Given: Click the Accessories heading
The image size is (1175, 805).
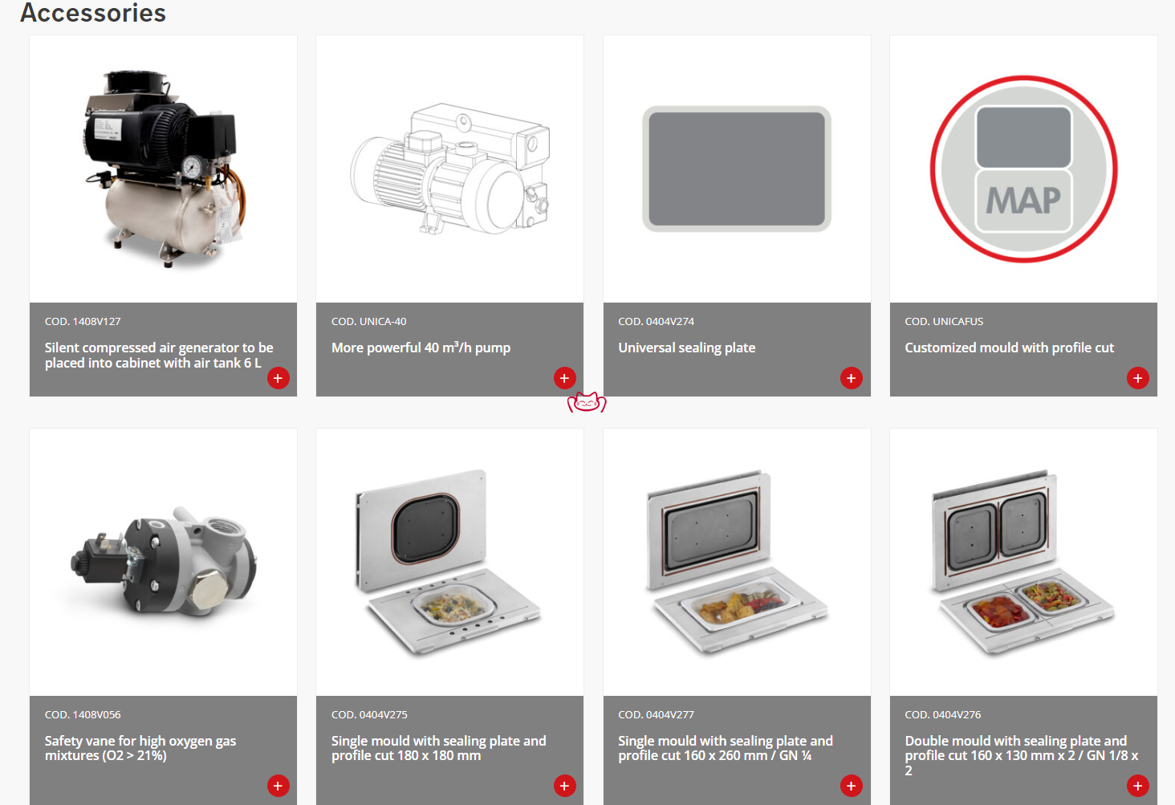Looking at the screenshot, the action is tap(93, 13).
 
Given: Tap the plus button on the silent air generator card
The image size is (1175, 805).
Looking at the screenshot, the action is tap(278, 377).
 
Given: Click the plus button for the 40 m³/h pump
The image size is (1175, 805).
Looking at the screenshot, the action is tap(564, 377).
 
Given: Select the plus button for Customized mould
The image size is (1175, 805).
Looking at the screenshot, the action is tap(1138, 377).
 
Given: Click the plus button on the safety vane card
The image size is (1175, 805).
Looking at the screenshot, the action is tap(278, 786).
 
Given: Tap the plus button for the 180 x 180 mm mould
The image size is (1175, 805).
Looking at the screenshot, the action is tap(564, 786).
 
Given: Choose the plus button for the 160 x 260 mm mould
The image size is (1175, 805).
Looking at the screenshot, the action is tap(852, 786).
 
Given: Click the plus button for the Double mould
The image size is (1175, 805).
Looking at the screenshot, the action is tap(1138, 786).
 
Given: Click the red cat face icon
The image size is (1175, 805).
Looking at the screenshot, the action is tap(587, 402).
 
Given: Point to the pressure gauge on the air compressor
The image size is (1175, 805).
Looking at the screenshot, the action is tap(193, 166).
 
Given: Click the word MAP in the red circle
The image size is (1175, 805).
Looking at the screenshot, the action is tap(1023, 201).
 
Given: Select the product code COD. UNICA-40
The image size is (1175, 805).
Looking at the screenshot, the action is tap(368, 322).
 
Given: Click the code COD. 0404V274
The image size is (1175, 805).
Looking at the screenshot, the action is tap(657, 322).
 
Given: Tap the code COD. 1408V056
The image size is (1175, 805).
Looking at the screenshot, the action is tap(83, 715).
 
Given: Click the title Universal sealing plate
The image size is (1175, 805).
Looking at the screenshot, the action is tap(687, 348).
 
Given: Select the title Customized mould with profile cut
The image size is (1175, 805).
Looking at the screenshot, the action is tap(1009, 348).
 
